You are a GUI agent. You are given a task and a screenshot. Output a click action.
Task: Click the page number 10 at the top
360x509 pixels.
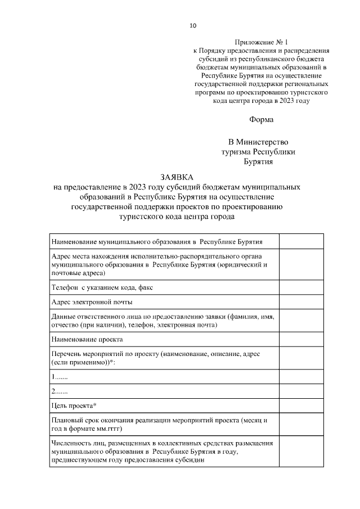coord(193,25)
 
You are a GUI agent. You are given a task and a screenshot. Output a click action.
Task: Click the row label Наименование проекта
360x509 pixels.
coord(87,339)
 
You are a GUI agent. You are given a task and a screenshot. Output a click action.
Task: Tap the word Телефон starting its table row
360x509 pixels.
coord(65,287)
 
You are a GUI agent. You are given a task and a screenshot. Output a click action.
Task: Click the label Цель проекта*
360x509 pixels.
coord(74,406)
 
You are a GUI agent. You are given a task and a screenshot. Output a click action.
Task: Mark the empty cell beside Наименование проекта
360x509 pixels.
coord(301,339)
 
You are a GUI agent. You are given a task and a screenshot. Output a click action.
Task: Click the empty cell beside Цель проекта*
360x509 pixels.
coord(301,406)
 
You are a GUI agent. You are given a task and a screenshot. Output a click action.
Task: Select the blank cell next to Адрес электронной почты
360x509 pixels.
coord(301,302)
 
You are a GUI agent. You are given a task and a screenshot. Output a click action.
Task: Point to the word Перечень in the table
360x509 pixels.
coord(67,354)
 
